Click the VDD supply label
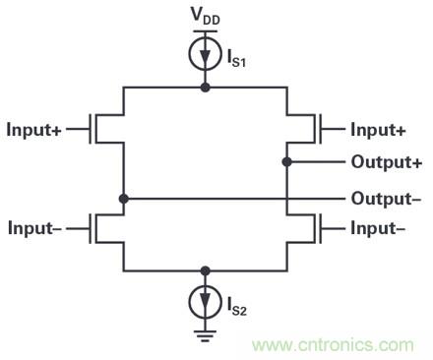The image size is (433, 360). [205, 17]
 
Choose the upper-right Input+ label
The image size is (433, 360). [379, 129]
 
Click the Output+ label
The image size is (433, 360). [386, 162]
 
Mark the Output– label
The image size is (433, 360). [386, 199]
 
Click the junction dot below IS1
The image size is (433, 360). [205, 88]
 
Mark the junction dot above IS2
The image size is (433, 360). [205, 269]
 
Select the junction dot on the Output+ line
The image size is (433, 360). [285, 162]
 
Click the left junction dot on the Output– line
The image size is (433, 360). [124, 199]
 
